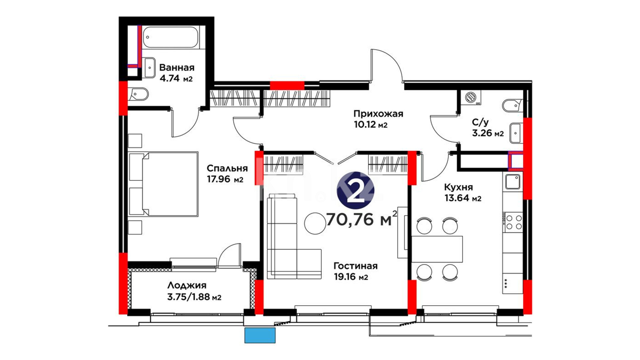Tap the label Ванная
(177, 68)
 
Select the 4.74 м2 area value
(176, 79)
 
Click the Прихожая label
(378, 114)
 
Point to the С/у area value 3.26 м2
(488, 133)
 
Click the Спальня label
(227, 168)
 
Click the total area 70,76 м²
(362, 219)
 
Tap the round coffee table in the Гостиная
(315, 223)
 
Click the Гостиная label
(356, 266)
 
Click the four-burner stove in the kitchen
(513, 222)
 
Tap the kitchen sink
(513, 182)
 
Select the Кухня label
(458, 187)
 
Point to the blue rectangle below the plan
(260, 335)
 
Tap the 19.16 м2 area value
(351, 277)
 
